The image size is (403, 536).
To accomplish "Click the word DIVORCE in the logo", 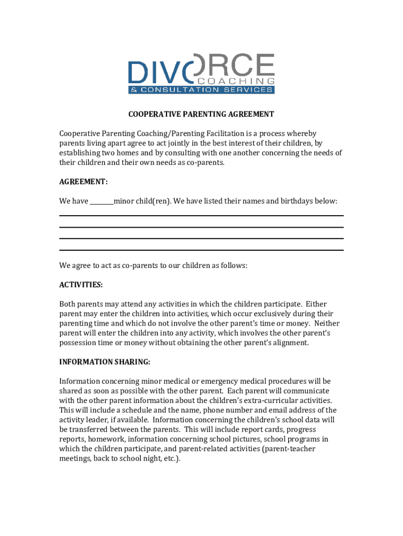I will (201, 68).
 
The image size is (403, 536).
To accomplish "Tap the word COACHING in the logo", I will (236, 81).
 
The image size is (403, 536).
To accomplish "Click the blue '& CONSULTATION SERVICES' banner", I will (201, 90).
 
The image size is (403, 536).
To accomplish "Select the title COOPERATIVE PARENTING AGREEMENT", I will (201, 114).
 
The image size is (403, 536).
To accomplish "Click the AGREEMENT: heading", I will (83, 182).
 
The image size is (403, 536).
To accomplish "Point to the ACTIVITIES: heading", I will (81, 285).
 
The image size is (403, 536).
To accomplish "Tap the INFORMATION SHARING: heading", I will (105, 362).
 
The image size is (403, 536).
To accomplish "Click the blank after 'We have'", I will (102, 202).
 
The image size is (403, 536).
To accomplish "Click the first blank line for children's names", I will (201, 216).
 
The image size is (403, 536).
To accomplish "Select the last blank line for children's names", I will (201, 250).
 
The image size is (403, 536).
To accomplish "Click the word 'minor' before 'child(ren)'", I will (124, 201).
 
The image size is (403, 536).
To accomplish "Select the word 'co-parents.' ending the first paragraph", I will (206, 162).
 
